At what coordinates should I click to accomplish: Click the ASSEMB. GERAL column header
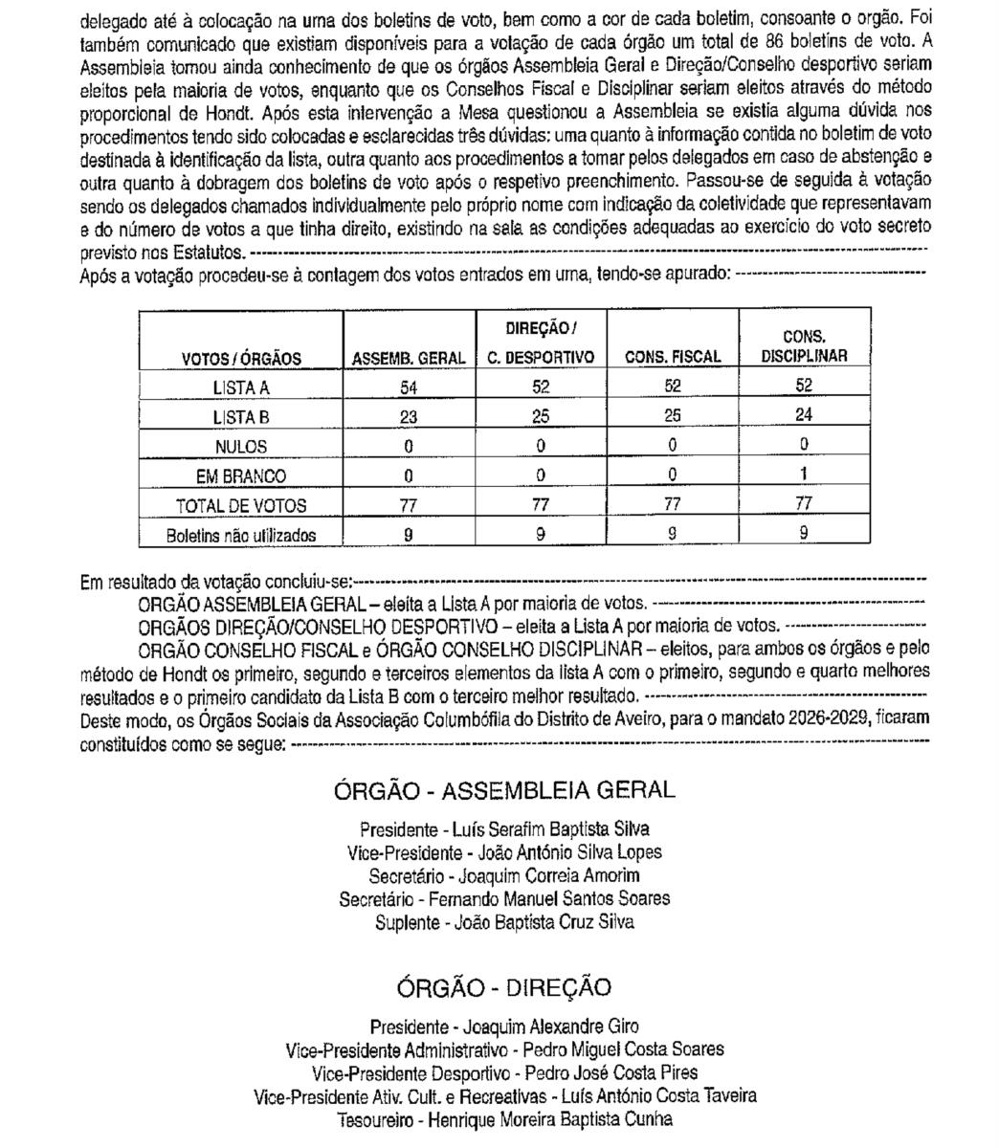(x=409, y=358)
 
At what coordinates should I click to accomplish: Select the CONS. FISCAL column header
(x=672, y=357)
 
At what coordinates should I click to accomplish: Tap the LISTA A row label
(x=240, y=387)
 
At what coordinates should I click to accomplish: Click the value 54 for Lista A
(x=409, y=386)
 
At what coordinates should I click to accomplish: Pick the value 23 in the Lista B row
(x=409, y=416)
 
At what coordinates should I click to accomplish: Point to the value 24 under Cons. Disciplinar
(x=804, y=415)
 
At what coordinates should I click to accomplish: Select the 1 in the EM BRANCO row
(x=804, y=475)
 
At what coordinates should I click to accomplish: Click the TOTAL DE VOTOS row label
(x=240, y=505)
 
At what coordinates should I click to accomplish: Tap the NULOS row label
(x=240, y=446)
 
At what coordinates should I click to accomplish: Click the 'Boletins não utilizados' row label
(x=240, y=536)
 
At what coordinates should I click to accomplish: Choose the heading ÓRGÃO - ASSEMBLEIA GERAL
(x=504, y=790)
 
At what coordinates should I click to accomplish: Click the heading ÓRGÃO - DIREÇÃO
(x=504, y=987)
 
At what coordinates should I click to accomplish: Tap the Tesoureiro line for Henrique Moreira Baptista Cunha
(x=504, y=1118)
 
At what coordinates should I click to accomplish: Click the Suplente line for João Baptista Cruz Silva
(x=504, y=922)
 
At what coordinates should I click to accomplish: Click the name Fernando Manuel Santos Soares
(x=548, y=898)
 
